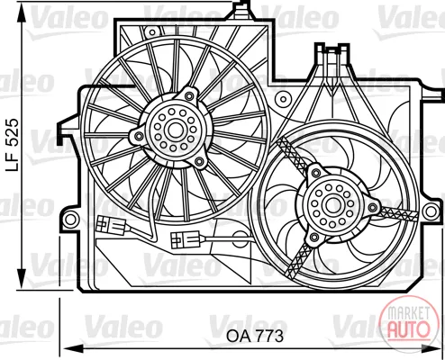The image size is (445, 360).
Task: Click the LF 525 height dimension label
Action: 13,145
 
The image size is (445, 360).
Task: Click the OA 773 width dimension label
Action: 255,337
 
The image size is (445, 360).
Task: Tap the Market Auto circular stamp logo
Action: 409,324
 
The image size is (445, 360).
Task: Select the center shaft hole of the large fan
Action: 174,130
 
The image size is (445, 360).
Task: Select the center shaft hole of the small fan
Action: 332,205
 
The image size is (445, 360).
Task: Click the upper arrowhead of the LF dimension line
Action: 22,13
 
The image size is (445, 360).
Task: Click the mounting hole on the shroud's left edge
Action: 71,220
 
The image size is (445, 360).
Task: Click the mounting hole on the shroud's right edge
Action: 431,211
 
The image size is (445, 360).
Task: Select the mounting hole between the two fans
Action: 283,99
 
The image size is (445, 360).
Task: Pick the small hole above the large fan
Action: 152,32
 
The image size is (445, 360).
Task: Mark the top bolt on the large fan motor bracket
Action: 189,96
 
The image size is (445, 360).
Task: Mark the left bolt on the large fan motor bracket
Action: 139,136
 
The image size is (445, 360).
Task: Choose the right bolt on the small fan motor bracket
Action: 373,207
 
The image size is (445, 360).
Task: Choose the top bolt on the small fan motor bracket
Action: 315,172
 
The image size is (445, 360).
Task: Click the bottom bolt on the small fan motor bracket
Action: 314,238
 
